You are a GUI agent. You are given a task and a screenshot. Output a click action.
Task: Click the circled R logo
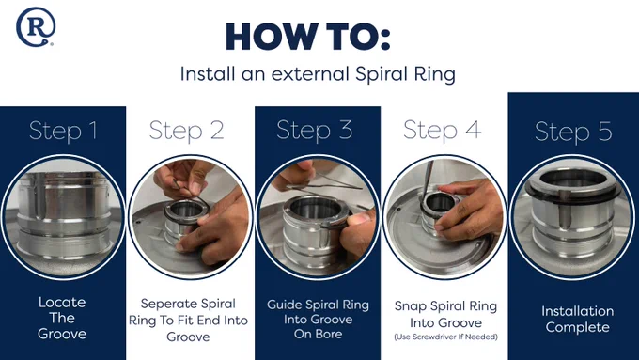pyautogui.click(x=36, y=26)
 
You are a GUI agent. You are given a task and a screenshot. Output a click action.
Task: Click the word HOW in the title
pyautogui.click(x=272, y=37)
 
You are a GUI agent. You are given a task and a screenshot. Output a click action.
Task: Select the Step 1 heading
pyautogui.click(x=63, y=132)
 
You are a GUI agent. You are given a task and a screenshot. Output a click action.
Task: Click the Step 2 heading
pyautogui.click(x=187, y=132)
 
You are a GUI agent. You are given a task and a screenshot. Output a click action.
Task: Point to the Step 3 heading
pyautogui.click(x=314, y=131)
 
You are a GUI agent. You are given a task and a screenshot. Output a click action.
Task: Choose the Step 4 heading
pyautogui.click(x=443, y=131)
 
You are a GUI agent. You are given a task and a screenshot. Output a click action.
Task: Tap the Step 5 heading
pyautogui.click(x=573, y=133)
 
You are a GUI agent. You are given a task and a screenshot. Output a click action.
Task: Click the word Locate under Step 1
pyautogui.click(x=62, y=302)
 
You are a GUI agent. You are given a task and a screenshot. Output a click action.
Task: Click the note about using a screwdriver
pyautogui.click(x=445, y=337)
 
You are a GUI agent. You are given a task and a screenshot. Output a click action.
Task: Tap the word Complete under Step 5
pyautogui.click(x=578, y=327)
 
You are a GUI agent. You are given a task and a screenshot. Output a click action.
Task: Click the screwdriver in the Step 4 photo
pyautogui.click(x=427, y=180)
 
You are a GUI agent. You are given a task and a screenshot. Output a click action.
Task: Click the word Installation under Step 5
pyautogui.click(x=578, y=311)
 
